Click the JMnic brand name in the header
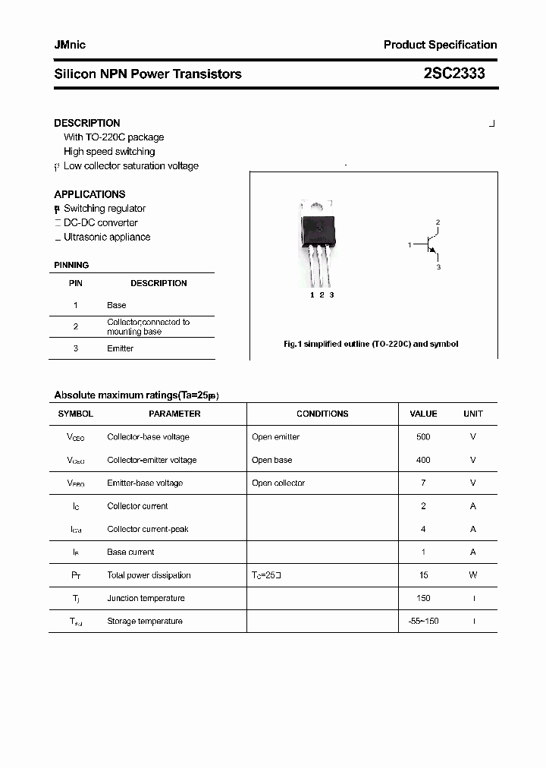click(x=70, y=45)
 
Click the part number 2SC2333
click(x=454, y=74)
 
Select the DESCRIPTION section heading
click(x=87, y=123)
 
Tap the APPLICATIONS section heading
click(x=89, y=194)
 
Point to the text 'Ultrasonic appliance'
click(x=107, y=237)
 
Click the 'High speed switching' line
click(x=109, y=152)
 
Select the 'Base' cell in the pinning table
click(x=117, y=305)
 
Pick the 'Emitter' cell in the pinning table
click(x=120, y=348)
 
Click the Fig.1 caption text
click(x=371, y=344)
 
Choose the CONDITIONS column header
click(x=322, y=414)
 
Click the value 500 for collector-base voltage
click(x=423, y=437)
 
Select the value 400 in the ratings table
click(x=423, y=460)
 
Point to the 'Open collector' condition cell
click(x=278, y=483)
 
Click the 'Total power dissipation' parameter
click(x=149, y=575)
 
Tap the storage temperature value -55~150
click(x=423, y=621)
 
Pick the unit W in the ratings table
click(x=472, y=575)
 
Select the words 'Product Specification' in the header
click(x=440, y=45)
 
